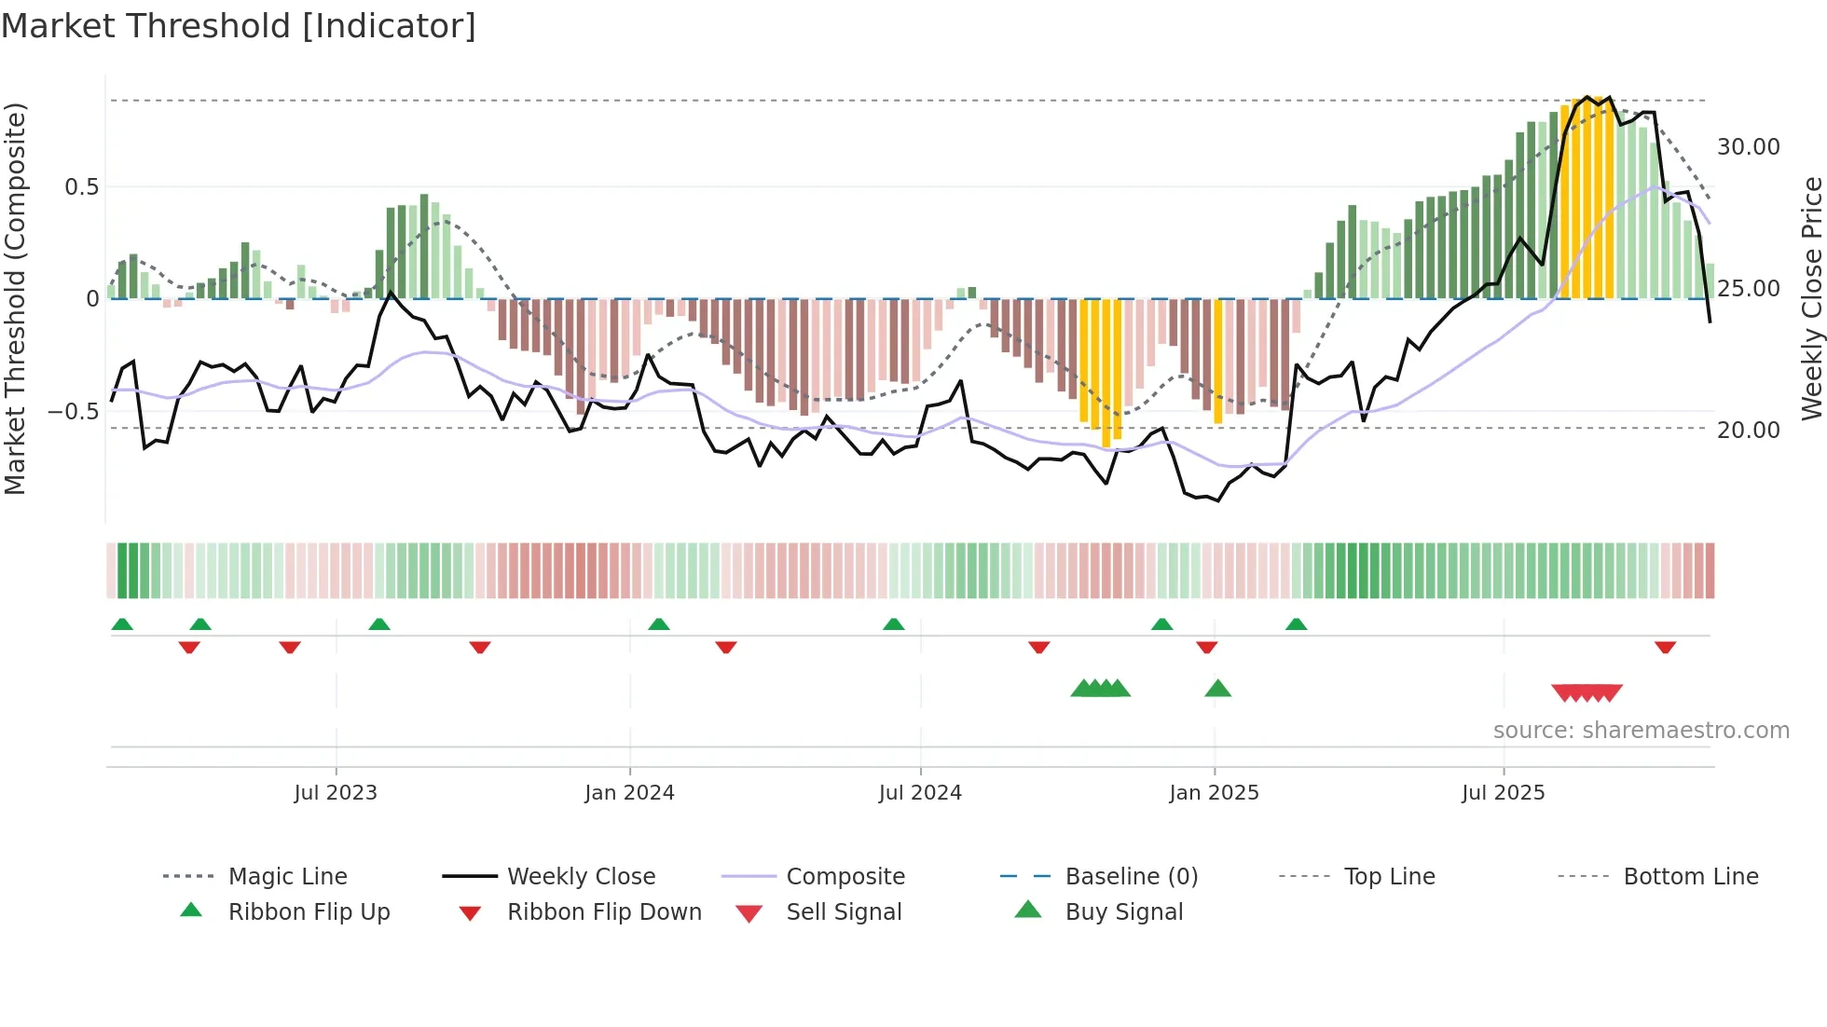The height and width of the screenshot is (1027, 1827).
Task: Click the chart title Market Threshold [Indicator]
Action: point(239,26)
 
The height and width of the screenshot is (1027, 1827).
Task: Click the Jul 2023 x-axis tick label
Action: point(336,793)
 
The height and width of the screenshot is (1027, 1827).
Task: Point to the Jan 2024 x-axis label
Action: point(629,793)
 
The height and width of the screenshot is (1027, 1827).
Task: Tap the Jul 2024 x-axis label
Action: point(920,793)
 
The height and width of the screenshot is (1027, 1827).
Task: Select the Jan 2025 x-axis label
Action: point(1214,793)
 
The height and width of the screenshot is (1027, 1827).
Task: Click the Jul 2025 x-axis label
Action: point(1503,793)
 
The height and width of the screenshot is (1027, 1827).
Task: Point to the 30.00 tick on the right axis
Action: point(1748,147)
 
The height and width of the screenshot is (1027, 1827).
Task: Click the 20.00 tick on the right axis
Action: point(1748,431)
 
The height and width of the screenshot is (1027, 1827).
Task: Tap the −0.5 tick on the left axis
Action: point(73,412)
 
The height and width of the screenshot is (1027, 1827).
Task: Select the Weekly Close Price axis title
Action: point(1811,298)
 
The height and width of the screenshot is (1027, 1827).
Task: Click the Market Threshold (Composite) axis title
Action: point(15,298)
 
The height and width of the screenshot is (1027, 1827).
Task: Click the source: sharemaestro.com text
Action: point(1641,731)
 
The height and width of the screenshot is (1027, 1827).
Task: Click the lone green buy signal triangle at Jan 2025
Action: point(1217,690)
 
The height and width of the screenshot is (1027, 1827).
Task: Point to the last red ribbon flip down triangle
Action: point(1665,647)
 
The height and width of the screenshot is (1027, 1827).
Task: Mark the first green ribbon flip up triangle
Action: point(122,624)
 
